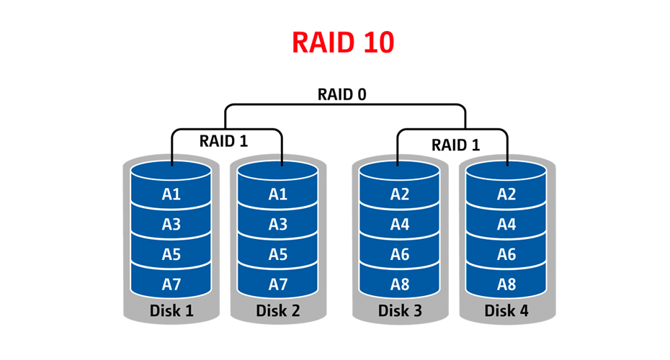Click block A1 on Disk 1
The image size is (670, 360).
[171, 194]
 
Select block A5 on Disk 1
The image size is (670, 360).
[171, 254]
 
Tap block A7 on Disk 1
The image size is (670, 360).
[171, 284]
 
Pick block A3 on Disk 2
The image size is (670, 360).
[277, 225]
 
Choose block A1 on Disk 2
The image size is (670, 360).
[277, 194]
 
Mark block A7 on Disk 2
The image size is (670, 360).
[277, 284]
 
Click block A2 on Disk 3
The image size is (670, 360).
[400, 194]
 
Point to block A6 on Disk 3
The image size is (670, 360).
[400, 254]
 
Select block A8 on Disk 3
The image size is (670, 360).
[400, 284]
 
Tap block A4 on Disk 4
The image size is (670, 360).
[506, 225]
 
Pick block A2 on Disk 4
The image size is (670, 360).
[506, 194]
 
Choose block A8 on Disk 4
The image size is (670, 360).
[506, 284]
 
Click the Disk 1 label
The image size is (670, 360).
[171, 312]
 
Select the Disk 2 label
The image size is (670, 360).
[278, 312]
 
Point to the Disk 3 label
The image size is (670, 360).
[400, 312]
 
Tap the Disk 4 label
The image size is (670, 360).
[506, 312]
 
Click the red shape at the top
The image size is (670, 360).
[346, 50]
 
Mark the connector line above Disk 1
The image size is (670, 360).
[171, 156]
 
